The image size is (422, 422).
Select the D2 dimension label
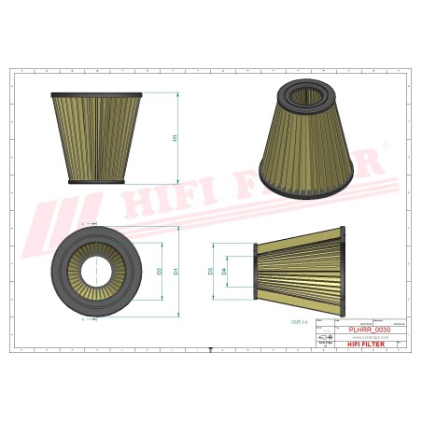coord(160,271)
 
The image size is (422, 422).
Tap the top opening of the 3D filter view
coord(305,93)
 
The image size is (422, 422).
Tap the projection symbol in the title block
coord(323,338)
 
